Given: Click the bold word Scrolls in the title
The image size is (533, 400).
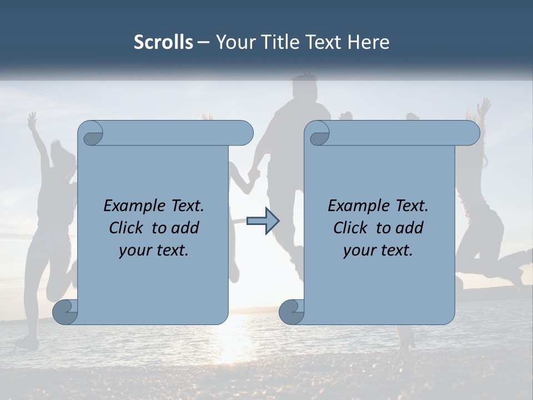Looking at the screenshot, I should point(163,42).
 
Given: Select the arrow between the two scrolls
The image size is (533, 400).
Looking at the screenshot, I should point(263,221).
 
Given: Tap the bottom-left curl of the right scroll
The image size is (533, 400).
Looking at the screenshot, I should point(291,311).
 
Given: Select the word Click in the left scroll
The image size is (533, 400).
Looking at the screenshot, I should point(127,228).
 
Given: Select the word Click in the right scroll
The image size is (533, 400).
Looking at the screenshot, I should point(351,228).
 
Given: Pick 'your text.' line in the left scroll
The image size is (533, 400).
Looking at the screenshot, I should point(154,250).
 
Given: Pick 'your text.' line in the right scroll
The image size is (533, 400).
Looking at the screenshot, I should point(378,250).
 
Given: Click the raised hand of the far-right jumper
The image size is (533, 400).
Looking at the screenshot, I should point(485,106).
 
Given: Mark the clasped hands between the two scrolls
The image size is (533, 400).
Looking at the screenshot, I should point(254,174).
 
